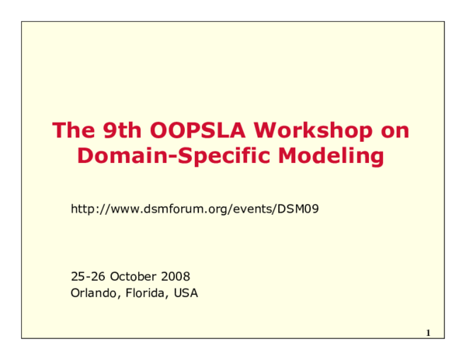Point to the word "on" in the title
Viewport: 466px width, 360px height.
tap(394, 130)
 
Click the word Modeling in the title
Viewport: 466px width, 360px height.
tap(337, 157)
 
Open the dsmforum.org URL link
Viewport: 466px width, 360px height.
tap(195, 209)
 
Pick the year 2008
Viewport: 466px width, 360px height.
tap(176, 276)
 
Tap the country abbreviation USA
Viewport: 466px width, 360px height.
tap(186, 293)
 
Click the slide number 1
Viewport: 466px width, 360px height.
tap(428, 334)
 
